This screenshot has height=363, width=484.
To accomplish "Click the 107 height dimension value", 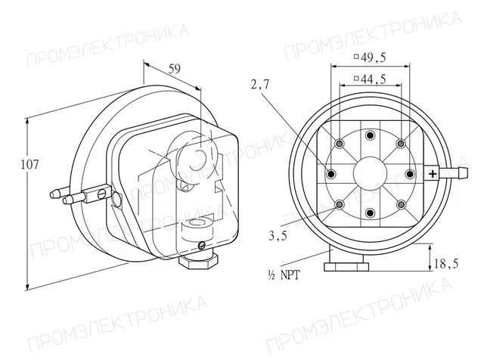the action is click(x=30, y=165).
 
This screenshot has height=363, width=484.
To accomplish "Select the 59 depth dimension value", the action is click(x=175, y=69).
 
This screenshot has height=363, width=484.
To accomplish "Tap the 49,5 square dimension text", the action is click(x=370, y=57).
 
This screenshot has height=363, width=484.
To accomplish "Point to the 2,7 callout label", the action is click(x=260, y=84).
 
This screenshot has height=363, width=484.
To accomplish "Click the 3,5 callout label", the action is click(x=278, y=236).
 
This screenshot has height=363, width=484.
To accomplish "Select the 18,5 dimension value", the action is click(x=446, y=263).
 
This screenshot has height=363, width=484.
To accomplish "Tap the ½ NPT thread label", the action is click(x=284, y=275).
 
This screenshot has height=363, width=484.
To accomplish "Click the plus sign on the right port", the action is click(x=433, y=174).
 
